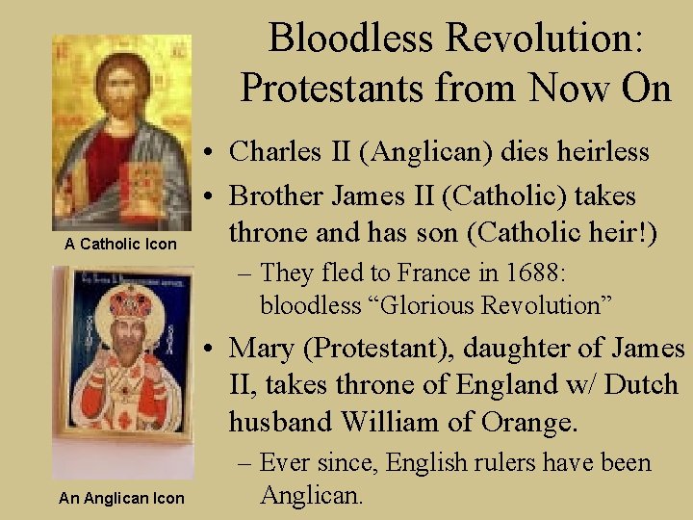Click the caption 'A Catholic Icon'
pos(120,244)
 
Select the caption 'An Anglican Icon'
pos(120,498)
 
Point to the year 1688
pos(541,273)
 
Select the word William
pos(407,422)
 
